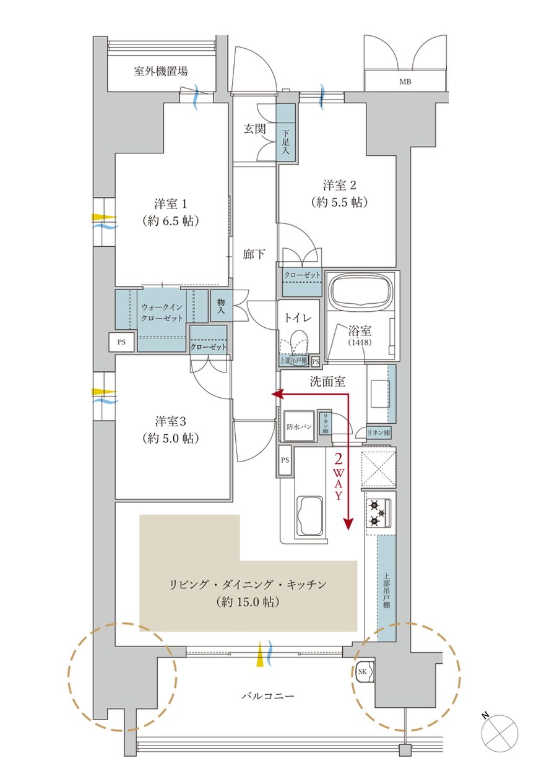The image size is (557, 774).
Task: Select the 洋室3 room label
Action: click(x=170, y=422)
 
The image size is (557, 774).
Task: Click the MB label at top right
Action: click(x=405, y=82)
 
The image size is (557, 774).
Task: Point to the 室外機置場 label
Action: click(x=161, y=71)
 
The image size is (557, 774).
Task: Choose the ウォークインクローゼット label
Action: click(x=162, y=313)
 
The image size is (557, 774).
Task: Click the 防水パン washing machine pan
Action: click(x=299, y=426)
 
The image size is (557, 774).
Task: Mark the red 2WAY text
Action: click(x=339, y=476)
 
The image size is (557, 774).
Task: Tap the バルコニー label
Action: click(x=267, y=696)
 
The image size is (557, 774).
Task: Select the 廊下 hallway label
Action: click(x=254, y=253)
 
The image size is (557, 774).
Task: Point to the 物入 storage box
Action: click(x=221, y=306)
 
